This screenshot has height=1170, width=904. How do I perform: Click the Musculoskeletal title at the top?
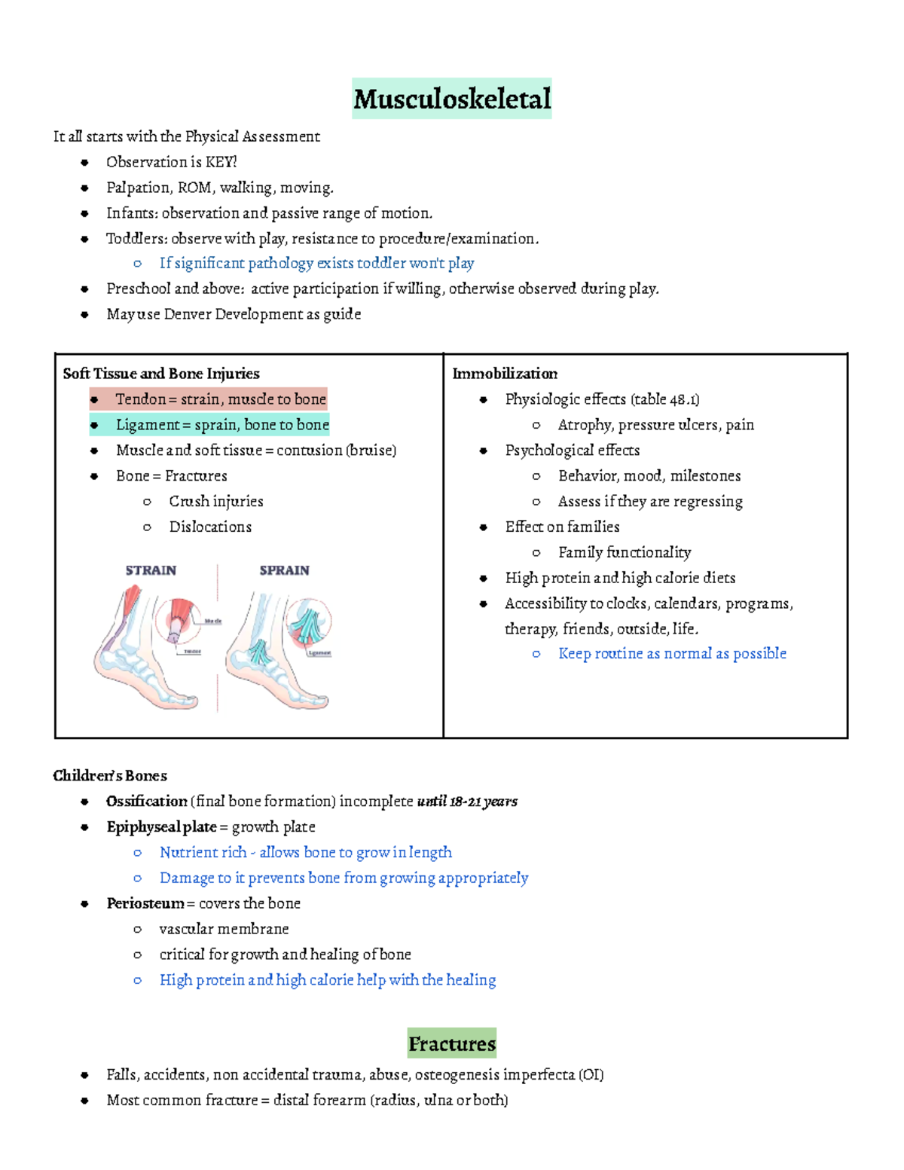(x=452, y=99)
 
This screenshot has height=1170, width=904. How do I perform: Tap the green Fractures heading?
(x=452, y=1043)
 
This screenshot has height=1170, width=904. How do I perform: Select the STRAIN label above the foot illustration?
(x=151, y=570)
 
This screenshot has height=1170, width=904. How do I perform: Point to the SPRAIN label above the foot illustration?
(x=284, y=570)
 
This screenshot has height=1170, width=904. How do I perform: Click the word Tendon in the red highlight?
(x=141, y=399)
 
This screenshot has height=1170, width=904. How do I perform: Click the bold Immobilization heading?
(x=505, y=374)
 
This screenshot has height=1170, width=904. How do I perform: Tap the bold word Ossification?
(x=147, y=801)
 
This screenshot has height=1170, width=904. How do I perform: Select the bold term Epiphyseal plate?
(x=161, y=826)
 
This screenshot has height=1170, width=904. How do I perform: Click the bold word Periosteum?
(x=145, y=903)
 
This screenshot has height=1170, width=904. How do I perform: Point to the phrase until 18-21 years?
(x=467, y=801)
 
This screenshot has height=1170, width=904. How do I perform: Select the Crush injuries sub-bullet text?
(x=216, y=502)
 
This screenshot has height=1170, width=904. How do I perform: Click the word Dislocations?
(x=210, y=527)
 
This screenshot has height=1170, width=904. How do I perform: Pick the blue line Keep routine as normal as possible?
(x=672, y=654)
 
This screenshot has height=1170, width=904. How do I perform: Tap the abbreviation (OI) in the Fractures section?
(x=591, y=1075)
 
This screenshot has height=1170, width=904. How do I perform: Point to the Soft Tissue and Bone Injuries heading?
(x=161, y=374)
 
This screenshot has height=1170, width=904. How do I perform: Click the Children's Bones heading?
(x=110, y=776)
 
